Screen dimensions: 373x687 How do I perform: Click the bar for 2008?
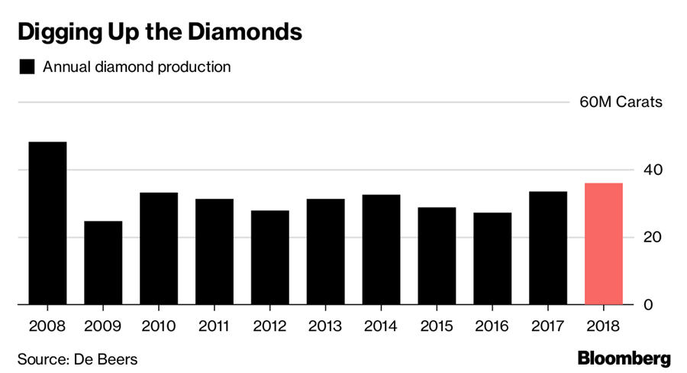click(x=47, y=223)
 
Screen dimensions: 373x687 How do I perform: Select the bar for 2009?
click(x=103, y=263)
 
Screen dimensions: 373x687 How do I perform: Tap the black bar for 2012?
click(x=270, y=258)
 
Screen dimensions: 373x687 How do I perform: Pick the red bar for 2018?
click(x=604, y=244)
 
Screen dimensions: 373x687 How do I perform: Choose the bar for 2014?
click(x=381, y=250)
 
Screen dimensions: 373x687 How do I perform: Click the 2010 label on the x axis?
click(x=159, y=326)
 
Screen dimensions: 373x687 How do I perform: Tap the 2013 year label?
click(x=325, y=326)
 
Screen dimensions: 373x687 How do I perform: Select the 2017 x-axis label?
click(x=548, y=326)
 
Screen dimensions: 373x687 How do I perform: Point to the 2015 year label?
click(x=437, y=326)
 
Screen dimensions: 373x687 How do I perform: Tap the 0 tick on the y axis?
click(x=647, y=305)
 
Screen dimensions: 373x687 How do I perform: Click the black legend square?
click(x=27, y=66)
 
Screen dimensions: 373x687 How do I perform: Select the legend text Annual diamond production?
click(x=137, y=66)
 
